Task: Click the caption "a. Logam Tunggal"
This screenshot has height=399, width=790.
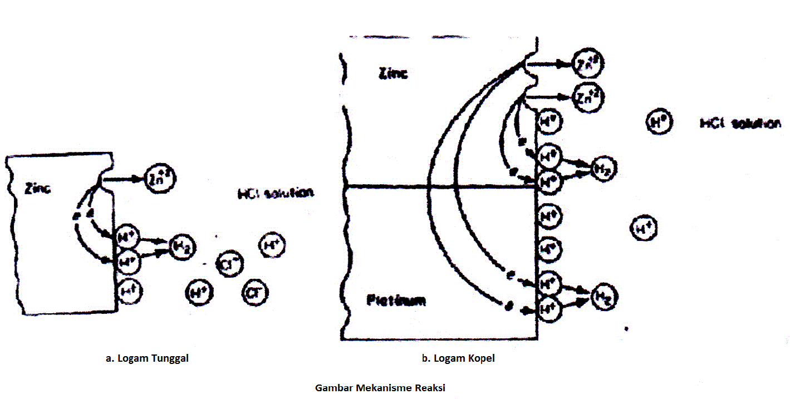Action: (x=147, y=358)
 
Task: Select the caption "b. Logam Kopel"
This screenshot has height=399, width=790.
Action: (x=458, y=358)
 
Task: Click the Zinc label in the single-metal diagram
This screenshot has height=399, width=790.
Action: (x=38, y=189)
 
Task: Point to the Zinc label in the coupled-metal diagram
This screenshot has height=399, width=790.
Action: (x=393, y=73)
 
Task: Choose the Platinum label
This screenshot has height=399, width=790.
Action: (x=396, y=301)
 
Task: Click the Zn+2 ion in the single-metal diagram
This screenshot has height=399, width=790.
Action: (x=159, y=178)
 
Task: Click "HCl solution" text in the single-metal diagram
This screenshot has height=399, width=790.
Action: (x=275, y=193)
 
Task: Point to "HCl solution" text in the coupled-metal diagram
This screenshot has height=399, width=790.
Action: (x=740, y=124)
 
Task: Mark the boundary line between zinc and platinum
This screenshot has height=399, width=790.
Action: (x=440, y=186)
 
